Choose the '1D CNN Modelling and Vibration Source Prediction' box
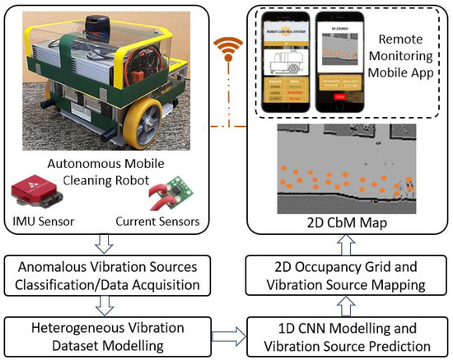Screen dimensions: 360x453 pos(341,336)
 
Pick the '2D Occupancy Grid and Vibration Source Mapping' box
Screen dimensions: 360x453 pos(341,275)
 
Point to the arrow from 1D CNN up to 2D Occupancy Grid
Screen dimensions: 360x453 pos(341,306)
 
